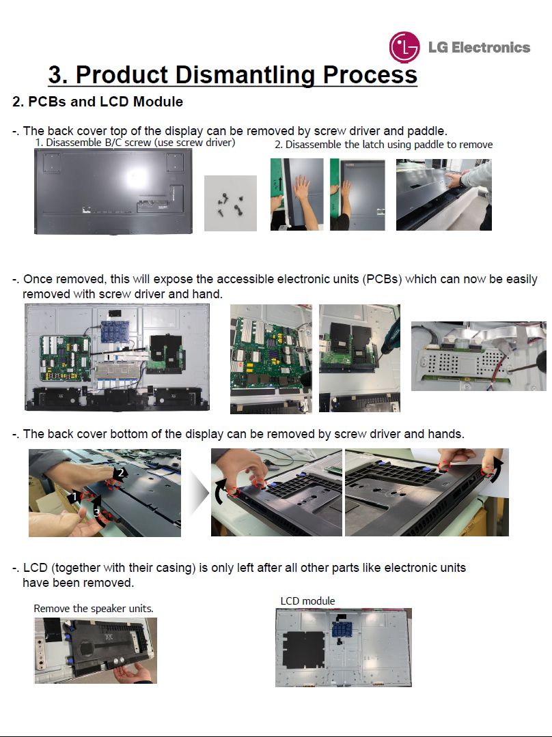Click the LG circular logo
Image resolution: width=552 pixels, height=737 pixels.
(404, 47)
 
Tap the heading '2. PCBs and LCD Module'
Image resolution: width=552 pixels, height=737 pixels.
(98, 102)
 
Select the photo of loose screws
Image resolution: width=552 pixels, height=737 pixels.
(230, 203)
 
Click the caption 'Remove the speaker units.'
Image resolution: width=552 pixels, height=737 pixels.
(93, 608)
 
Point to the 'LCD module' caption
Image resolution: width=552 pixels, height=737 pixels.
(307, 601)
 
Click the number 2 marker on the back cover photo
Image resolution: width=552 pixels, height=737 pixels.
(121, 473)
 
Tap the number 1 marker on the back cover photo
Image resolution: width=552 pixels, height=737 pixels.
(74, 496)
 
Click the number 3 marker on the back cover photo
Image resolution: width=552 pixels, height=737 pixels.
(96, 512)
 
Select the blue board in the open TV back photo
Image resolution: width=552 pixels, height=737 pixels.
(115, 332)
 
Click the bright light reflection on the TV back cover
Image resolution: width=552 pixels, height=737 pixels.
(137, 177)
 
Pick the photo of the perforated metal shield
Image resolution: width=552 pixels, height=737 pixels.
(479, 356)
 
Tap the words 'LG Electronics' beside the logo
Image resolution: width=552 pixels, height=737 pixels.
(479, 48)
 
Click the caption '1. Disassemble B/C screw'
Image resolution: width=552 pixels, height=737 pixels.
(93, 142)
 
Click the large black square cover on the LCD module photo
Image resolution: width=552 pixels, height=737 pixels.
(303, 650)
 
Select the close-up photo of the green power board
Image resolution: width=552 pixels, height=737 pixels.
(271, 359)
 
